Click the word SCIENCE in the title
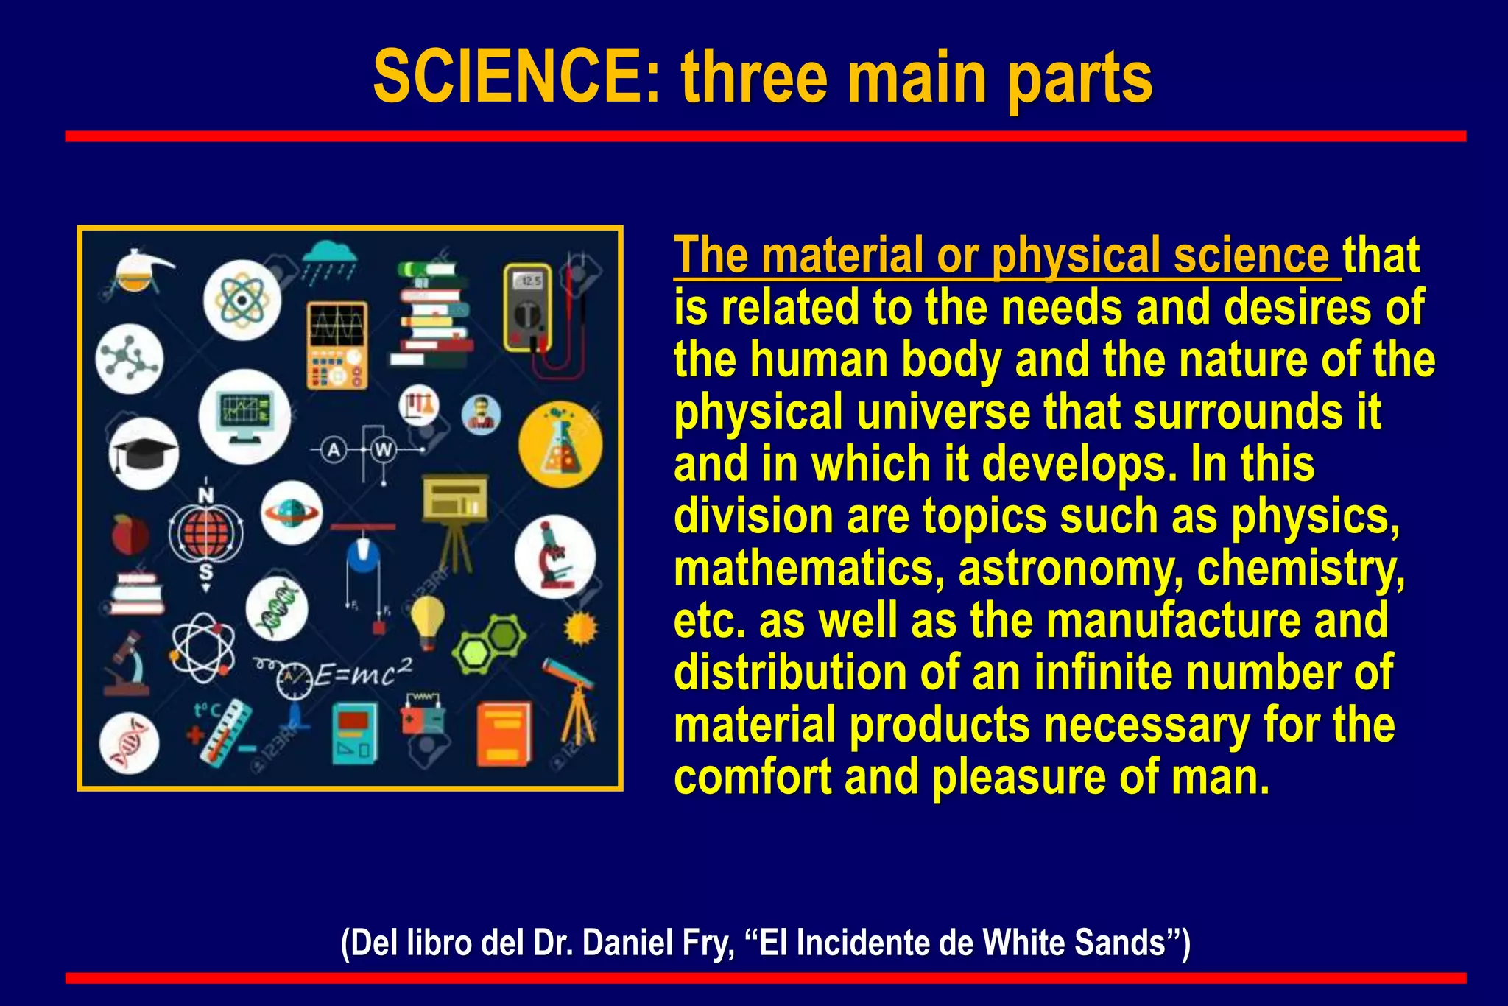515,77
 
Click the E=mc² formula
364,672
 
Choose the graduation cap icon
144,452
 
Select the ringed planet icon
291,513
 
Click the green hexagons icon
489,641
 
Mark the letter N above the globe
206,496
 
